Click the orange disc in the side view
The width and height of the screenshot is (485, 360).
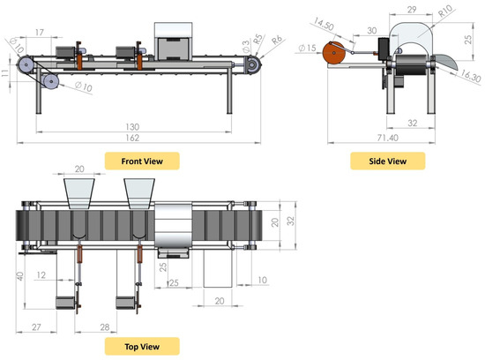333,54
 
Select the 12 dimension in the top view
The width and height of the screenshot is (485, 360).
41,274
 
